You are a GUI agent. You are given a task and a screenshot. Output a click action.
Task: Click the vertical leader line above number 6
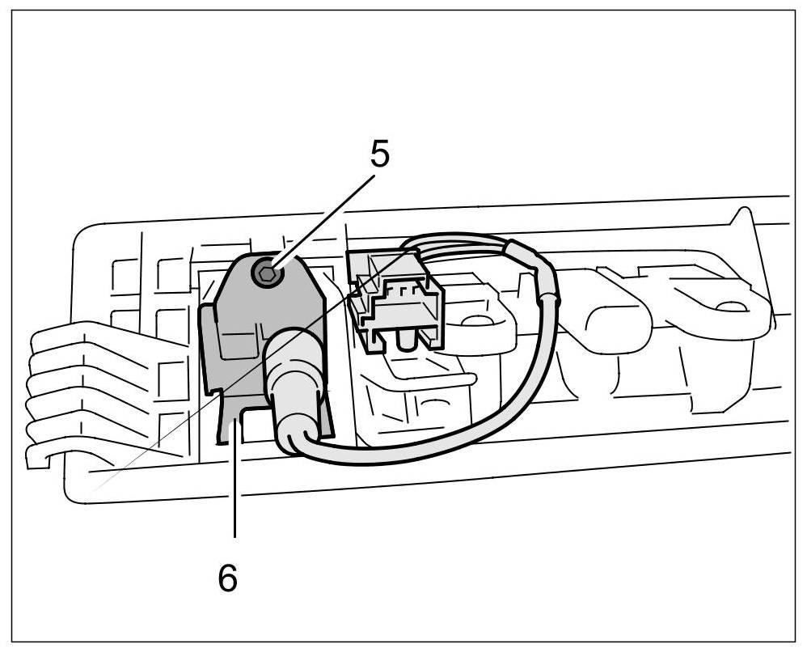234,477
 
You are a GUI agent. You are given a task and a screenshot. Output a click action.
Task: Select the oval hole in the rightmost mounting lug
731,307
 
